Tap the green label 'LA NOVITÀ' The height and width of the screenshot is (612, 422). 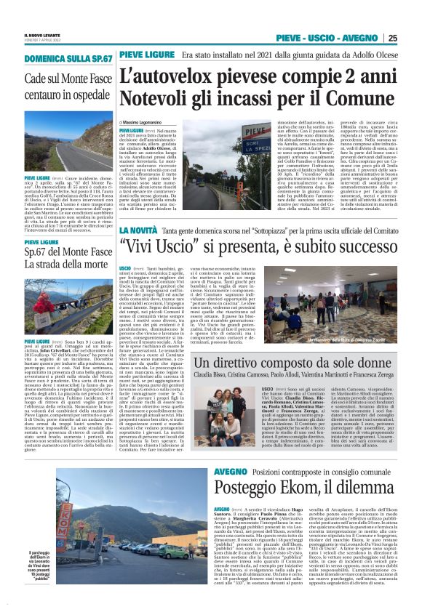point(140,230)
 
